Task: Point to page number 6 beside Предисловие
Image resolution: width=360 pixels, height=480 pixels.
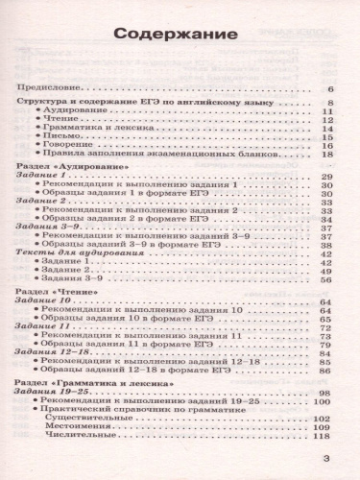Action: (x=328, y=87)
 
